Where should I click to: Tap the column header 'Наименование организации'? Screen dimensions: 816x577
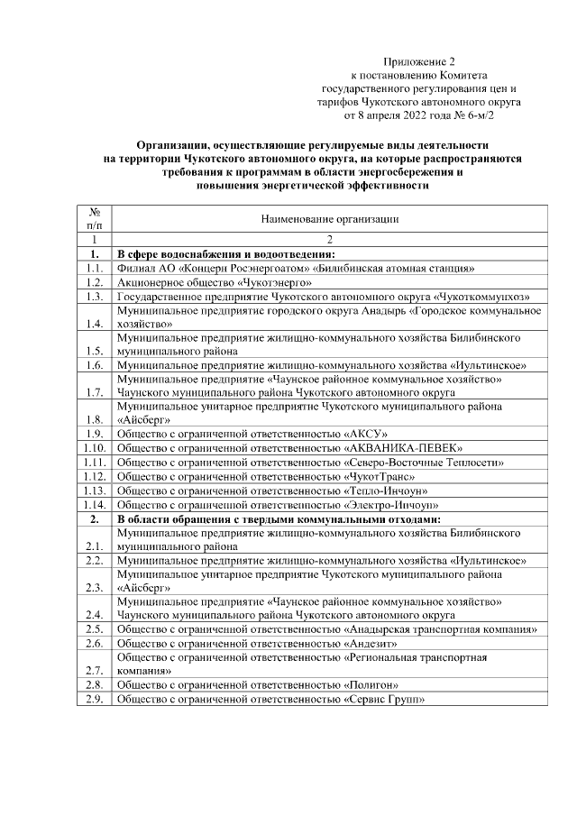329,219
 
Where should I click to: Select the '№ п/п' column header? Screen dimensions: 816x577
93,219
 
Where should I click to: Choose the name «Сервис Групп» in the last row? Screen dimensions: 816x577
384,700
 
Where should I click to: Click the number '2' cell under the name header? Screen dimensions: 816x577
329,240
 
